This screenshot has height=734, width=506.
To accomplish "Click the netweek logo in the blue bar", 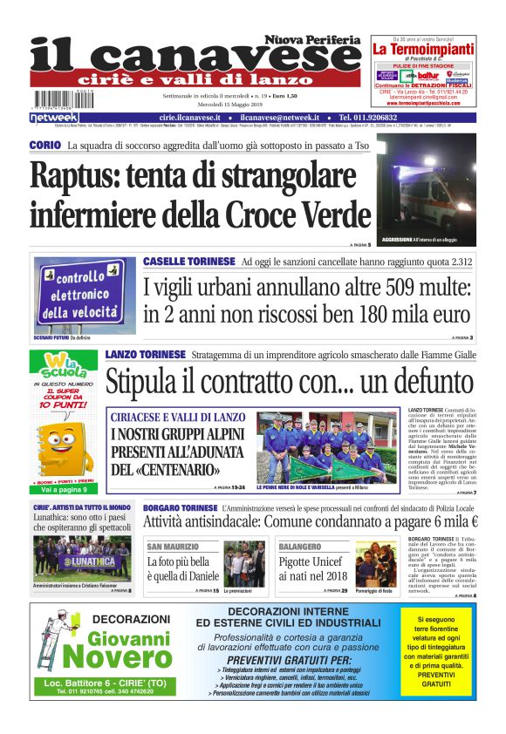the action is click(54, 118).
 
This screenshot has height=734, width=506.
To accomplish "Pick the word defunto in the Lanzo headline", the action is click(428, 382).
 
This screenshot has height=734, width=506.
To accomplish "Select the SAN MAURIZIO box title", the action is click(174, 547).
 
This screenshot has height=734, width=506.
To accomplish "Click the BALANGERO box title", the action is click(301, 547).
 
